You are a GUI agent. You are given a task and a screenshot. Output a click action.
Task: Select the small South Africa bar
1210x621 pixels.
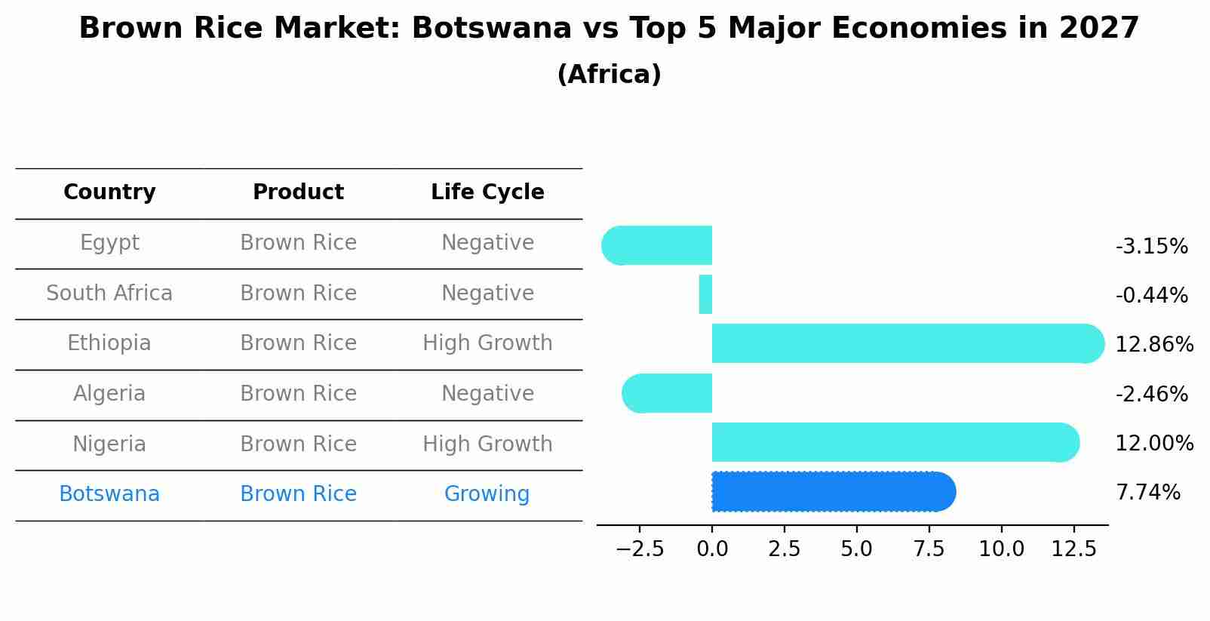[x=705, y=294]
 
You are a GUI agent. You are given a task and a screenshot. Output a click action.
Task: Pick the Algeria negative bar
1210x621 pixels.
[x=667, y=393]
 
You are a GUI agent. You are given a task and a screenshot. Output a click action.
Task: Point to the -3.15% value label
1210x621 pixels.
[x=1151, y=247]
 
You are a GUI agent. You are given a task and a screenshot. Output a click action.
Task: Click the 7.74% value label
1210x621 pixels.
[x=1147, y=493]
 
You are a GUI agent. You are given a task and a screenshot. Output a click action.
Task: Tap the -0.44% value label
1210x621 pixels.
[x=1151, y=296]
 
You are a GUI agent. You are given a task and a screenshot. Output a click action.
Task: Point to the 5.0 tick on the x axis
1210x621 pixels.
[x=856, y=549]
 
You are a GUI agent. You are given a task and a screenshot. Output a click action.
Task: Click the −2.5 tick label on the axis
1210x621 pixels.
[x=640, y=549]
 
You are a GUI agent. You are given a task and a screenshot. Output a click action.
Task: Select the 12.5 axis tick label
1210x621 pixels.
[x=1073, y=549]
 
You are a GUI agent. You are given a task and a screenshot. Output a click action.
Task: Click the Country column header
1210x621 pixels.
[x=109, y=192]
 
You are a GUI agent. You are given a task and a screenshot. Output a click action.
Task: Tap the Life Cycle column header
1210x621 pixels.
[x=487, y=192]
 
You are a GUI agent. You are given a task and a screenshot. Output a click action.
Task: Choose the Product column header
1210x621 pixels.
[x=298, y=192]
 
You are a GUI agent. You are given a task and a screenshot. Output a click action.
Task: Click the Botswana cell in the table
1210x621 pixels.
[x=109, y=494]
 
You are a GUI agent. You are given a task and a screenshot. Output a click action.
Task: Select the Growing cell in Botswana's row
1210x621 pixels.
[x=487, y=494]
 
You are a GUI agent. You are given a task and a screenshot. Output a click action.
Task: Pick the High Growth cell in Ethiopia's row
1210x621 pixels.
[x=487, y=343]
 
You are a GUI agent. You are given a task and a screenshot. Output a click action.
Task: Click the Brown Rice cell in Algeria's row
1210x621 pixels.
[x=298, y=394]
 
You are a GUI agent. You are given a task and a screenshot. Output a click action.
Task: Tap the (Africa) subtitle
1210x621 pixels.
[x=609, y=75]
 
